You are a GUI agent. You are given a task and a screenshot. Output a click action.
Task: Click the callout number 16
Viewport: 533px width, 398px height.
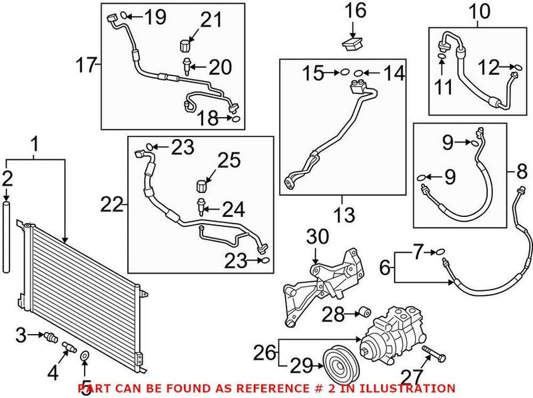pos(356,11)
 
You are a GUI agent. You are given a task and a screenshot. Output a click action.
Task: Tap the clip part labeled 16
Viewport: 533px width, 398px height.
pos(352,45)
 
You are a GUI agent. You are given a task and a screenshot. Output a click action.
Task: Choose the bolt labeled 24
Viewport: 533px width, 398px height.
pos(200,208)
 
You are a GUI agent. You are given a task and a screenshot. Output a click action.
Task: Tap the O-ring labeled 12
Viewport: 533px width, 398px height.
pos(515,67)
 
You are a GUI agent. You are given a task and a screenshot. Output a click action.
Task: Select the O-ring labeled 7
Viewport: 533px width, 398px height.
pos(437,252)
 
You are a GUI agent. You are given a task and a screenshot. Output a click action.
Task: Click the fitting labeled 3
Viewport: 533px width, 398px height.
pos(49,337)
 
